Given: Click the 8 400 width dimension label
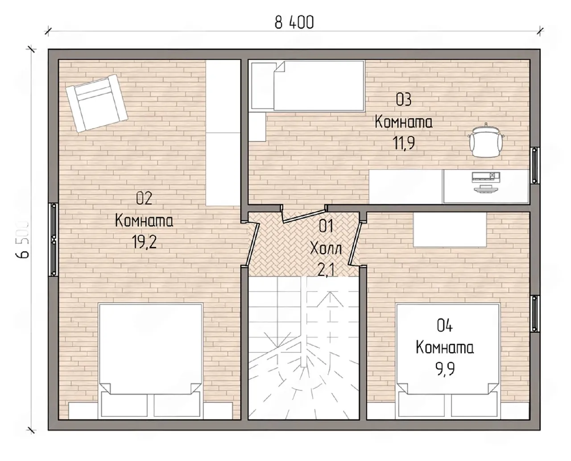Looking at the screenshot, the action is click(x=294, y=22).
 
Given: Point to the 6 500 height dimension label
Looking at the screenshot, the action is click(x=22, y=240).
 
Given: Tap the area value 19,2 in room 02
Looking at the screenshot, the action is click(x=144, y=242).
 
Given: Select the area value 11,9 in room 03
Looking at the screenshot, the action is click(x=404, y=143).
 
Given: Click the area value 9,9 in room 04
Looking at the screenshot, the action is click(x=445, y=369).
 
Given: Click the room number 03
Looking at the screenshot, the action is click(x=404, y=100).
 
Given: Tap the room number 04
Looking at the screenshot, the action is click(x=445, y=326).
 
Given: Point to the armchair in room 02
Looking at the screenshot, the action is click(x=97, y=103).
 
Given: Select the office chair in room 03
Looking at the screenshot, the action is click(x=486, y=141).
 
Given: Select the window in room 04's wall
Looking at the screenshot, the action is click(x=535, y=313).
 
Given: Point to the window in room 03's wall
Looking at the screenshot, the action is click(x=535, y=166).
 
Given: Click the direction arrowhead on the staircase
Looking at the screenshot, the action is click(x=330, y=299).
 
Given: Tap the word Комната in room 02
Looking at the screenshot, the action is click(x=144, y=221).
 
